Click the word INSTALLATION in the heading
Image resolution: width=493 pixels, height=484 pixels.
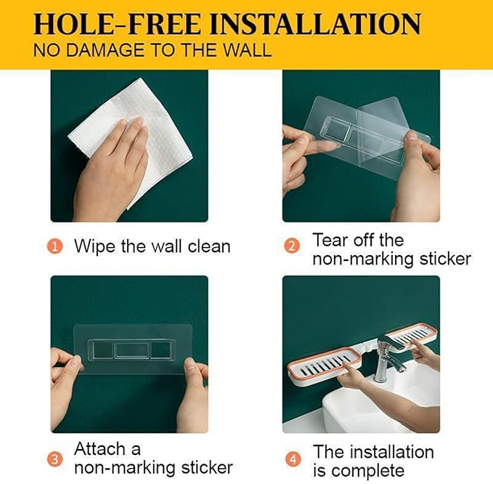coord(315,23)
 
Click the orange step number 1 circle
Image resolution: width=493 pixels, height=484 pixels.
coord(54,246)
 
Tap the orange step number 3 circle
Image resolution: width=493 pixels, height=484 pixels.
coord(54,459)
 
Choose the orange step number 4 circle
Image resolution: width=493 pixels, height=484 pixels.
coord(293,459)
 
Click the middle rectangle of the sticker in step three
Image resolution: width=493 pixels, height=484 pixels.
coord(131,350)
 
